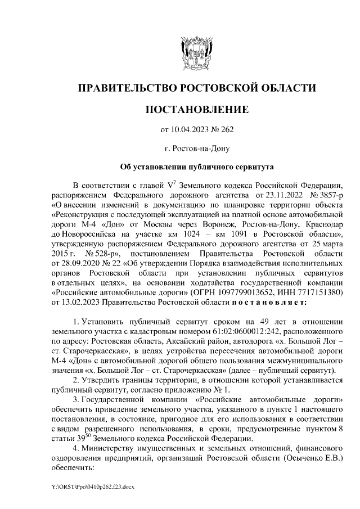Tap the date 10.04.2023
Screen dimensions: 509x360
[190, 130]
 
